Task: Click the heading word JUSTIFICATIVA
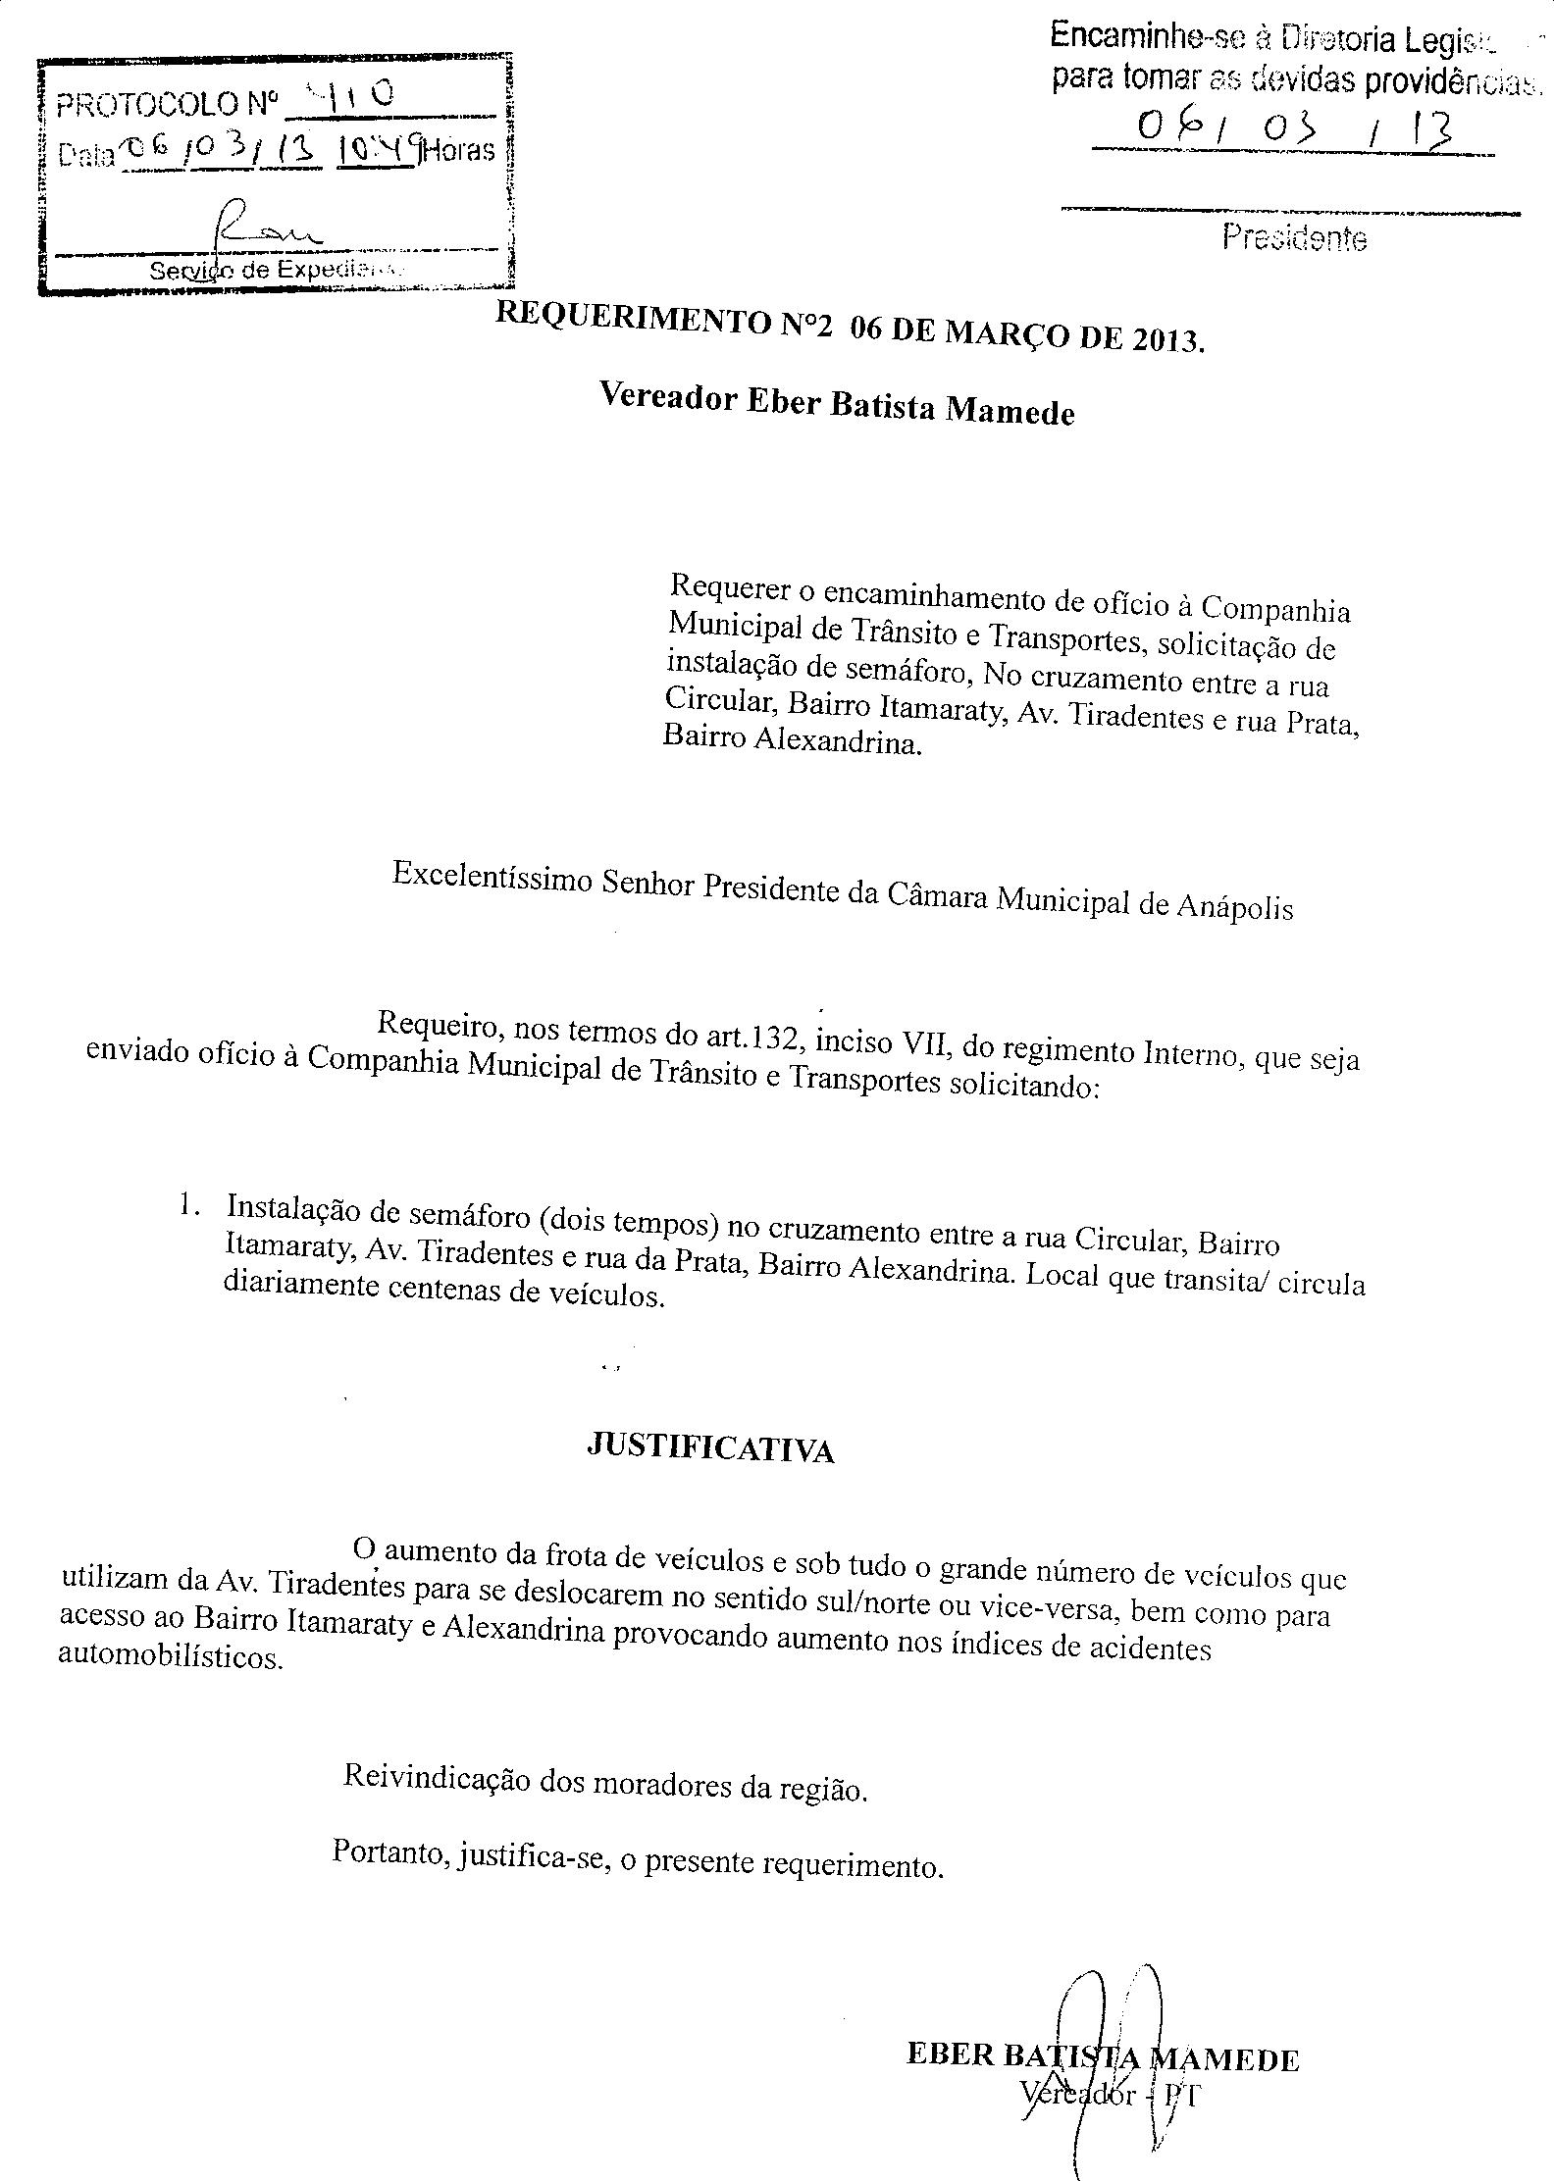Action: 709,1447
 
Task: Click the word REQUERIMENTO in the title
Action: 633,320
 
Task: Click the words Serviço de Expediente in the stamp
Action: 277,270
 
